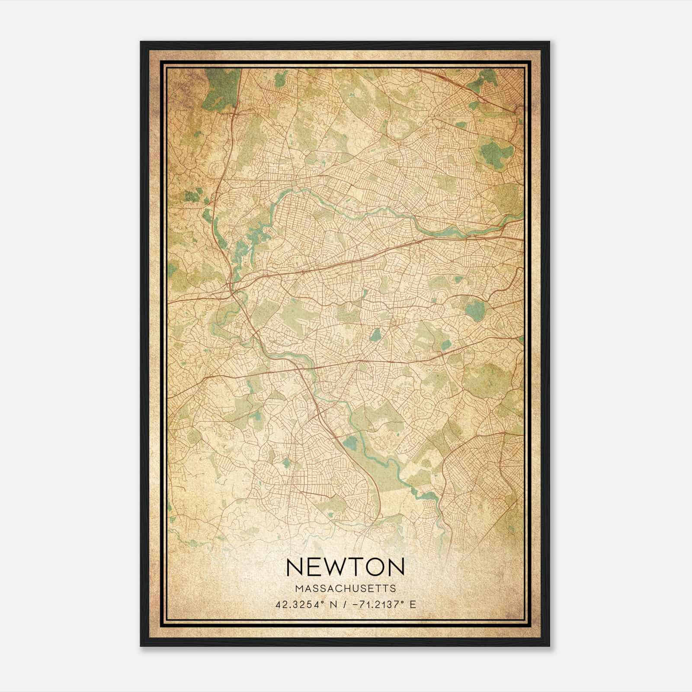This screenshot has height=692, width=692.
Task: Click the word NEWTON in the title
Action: pos(345,567)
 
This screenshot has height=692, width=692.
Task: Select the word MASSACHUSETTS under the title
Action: pos(345,588)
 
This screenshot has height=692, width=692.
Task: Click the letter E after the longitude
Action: pos(413,604)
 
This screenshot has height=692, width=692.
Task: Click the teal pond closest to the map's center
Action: pos(375,334)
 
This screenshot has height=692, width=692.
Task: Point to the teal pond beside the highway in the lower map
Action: pos(350,442)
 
